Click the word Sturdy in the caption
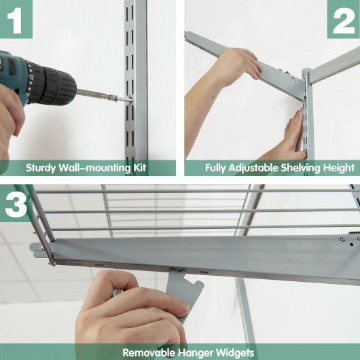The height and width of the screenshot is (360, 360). coord(41,168)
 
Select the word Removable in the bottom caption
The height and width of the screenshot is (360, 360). coord(146,353)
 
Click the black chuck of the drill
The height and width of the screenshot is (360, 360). coord(54,85)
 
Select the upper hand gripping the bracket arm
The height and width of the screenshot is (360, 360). coord(234,65)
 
